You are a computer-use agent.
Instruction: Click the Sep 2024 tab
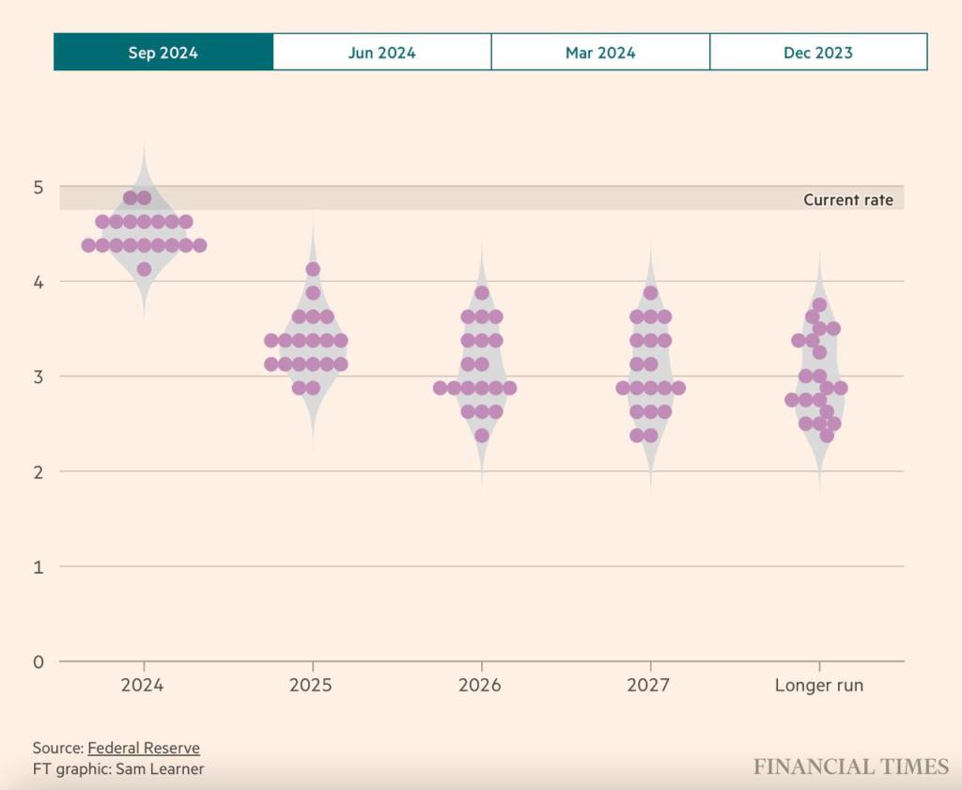click(x=163, y=53)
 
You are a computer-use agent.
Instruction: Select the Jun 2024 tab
click(x=381, y=53)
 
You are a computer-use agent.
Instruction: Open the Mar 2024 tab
click(x=600, y=53)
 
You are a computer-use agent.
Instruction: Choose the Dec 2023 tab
click(x=818, y=53)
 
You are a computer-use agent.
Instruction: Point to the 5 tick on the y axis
click(x=39, y=187)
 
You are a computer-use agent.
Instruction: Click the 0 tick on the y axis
click(x=39, y=661)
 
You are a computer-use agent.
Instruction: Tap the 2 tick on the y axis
click(x=39, y=472)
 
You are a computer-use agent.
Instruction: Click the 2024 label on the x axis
click(x=142, y=685)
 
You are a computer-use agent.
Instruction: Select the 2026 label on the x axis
click(x=479, y=685)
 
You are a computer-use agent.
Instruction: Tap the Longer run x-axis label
click(x=818, y=685)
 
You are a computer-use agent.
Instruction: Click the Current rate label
click(x=848, y=200)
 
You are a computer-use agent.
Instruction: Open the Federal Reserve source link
click(x=144, y=748)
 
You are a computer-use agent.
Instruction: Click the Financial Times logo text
click(x=851, y=767)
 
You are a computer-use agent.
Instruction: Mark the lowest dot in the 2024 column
click(x=144, y=270)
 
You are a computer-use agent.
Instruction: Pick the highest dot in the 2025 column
click(x=313, y=270)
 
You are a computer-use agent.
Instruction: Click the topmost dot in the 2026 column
click(x=482, y=293)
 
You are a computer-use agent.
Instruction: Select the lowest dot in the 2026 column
click(x=482, y=435)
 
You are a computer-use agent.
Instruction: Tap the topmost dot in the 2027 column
click(x=650, y=293)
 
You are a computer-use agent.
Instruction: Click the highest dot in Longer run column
click(x=819, y=304)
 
